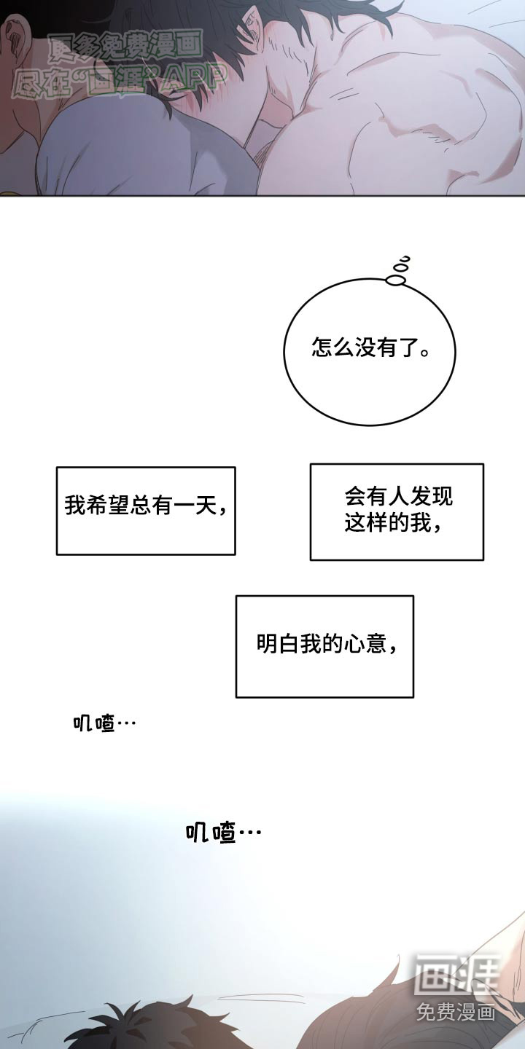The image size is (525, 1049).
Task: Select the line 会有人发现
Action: tap(398, 497)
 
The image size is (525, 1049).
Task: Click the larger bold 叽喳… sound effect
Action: tap(222, 833)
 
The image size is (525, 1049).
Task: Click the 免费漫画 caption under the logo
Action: tap(456, 1011)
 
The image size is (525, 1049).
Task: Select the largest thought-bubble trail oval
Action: tap(397, 280)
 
